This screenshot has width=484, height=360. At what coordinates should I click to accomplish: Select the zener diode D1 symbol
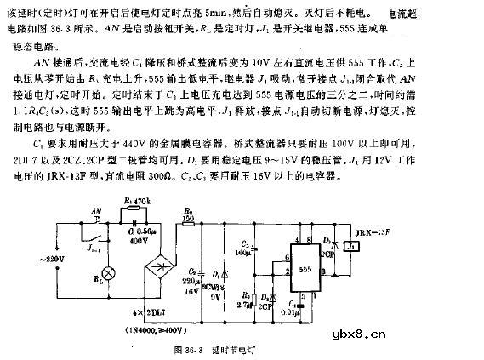coord(223,273)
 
